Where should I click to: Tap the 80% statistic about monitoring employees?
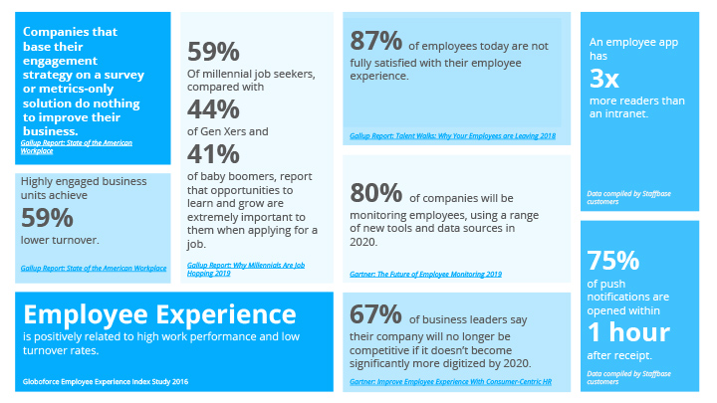click(x=375, y=192)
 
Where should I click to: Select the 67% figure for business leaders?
click(x=375, y=313)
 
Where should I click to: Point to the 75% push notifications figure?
click(x=613, y=261)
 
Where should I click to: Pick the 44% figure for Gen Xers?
click(x=213, y=108)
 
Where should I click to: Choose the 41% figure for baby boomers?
click(x=213, y=154)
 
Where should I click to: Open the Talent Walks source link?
click(x=452, y=135)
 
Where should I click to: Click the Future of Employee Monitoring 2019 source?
click(x=425, y=273)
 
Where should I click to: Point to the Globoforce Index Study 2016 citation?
click(x=105, y=382)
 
